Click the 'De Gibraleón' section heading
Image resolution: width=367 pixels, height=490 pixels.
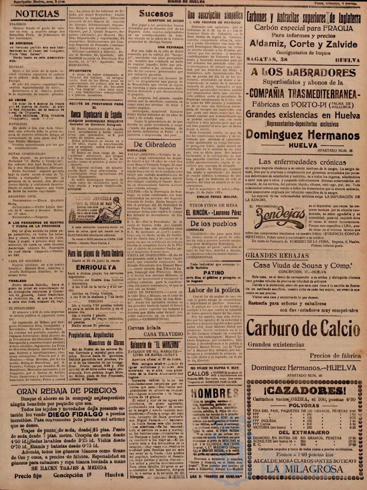[x=155, y=144]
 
